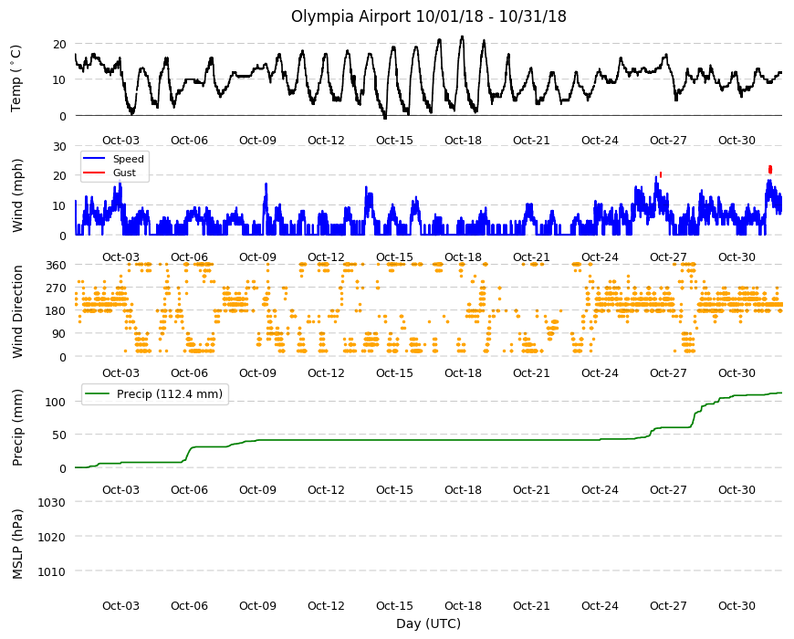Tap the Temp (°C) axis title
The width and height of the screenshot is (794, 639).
click(x=16, y=79)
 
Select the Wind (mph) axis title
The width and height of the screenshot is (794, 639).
click(x=17, y=195)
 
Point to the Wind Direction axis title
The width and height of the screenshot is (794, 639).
click(x=17, y=311)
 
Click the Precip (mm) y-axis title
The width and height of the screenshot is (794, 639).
click(x=17, y=427)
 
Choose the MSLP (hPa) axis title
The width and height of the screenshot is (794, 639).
click(x=17, y=544)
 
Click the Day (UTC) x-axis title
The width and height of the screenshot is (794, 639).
click(x=428, y=623)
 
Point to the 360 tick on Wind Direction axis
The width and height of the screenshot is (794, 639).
click(x=56, y=265)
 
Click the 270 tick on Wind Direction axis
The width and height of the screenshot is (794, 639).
click(x=56, y=288)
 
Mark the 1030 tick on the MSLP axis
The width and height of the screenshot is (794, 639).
click(x=52, y=503)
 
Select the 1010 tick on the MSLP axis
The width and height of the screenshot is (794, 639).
click(x=52, y=571)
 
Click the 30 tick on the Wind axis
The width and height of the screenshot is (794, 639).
click(x=59, y=146)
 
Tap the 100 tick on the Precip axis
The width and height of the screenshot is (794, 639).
click(x=56, y=402)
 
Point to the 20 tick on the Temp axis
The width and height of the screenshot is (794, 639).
click(x=59, y=45)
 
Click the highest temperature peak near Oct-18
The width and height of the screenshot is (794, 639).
click(x=462, y=37)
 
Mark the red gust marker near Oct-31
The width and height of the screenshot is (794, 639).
click(x=770, y=169)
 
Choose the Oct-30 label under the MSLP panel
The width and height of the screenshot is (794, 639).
click(x=737, y=606)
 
